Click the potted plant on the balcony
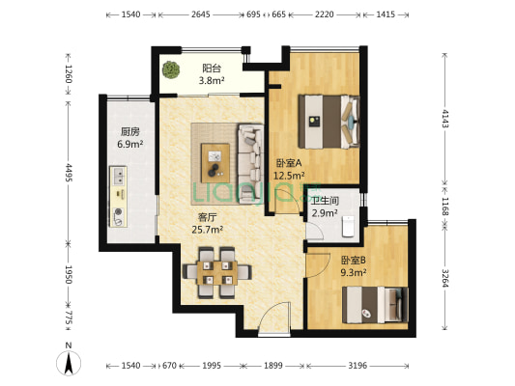[171, 69]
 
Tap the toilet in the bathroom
[348, 226]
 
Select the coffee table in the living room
[215, 163]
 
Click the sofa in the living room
[250, 163]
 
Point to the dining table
[217, 273]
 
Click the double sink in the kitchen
[118, 176]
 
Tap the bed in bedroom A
[329, 122]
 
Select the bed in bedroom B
[375, 305]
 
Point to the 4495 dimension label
[69, 172]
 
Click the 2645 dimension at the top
[200, 14]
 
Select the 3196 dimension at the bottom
[358, 365]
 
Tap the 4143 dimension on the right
[445, 118]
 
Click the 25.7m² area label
[208, 230]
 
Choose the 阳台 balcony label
[212, 69]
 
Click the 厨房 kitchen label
[130, 132]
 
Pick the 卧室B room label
[354, 261]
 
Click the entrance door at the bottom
[274, 318]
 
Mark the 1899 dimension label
[273, 365]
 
